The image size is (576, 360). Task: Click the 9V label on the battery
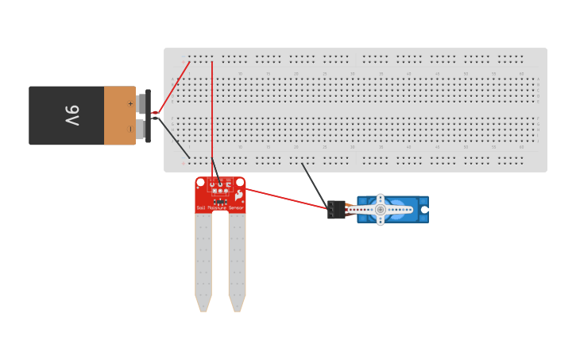[x=72, y=115]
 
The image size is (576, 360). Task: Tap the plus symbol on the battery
[x=130, y=103]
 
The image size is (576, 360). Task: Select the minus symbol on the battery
[x=130, y=128]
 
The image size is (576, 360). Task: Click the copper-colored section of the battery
[x=119, y=115]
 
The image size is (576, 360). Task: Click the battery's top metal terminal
[x=141, y=103]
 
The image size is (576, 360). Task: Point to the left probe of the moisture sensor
[x=203, y=262]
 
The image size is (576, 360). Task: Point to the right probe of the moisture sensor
[x=237, y=262]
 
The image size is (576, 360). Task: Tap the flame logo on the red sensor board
[x=238, y=195]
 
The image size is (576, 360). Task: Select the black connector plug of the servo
[x=336, y=210]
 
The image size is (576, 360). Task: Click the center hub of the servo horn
[x=381, y=210]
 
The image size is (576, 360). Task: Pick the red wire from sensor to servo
[x=286, y=199]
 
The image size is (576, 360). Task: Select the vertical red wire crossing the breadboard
[x=212, y=119]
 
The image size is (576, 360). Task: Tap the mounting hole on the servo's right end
[x=423, y=210]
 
